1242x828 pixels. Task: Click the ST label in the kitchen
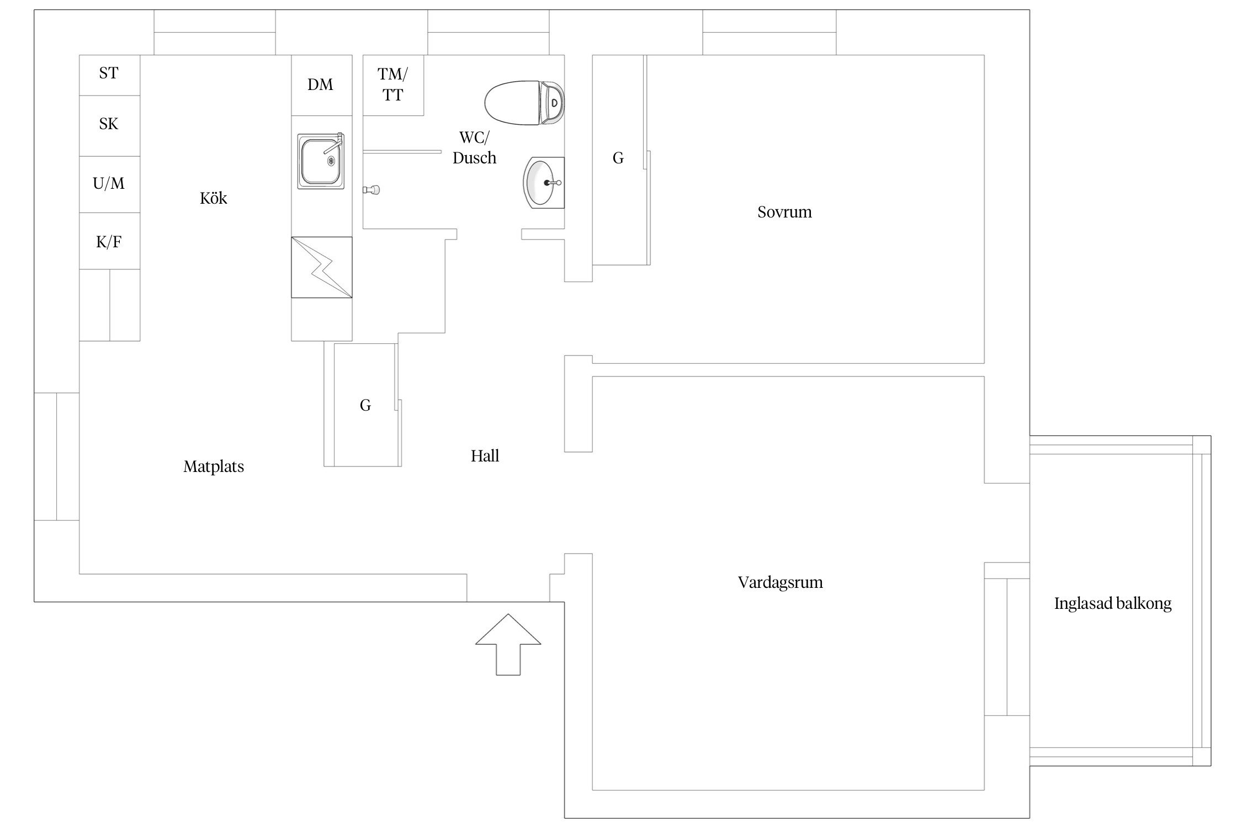pyautogui.click(x=109, y=73)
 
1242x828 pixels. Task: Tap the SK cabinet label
pyautogui.click(x=109, y=124)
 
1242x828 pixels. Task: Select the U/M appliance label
pyautogui.click(x=109, y=183)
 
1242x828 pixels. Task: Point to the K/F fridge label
pyautogui.click(x=109, y=242)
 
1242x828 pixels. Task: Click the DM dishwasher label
pyautogui.click(x=320, y=84)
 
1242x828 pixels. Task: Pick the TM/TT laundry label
pyautogui.click(x=393, y=84)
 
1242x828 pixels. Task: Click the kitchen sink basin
pyautogui.click(x=321, y=161)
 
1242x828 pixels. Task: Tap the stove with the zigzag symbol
pyautogui.click(x=322, y=267)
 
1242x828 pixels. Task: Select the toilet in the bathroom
pyautogui.click(x=524, y=103)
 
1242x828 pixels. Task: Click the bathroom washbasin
pyautogui.click(x=544, y=183)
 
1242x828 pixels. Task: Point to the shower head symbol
pyautogui.click(x=371, y=190)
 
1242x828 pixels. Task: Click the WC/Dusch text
pyautogui.click(x=474, y=147)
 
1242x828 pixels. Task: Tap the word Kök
pyautogui.click(x=213, y=198)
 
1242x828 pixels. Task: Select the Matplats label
pyautogui.click(x=214, y=466)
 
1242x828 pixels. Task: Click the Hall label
pyautogui.click(x=485, y=455)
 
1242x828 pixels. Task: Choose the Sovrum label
pyautogui.click(x=784, y=212)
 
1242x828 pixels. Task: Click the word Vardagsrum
pyautogui.click(x=780, y=582)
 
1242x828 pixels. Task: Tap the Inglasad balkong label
pyautogui.click(x=1113, y=603)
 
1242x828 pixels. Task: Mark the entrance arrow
pyautogui.click(x=508, y=644)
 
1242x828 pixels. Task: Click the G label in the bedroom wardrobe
pyautogui.click(x=618, y=158)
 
